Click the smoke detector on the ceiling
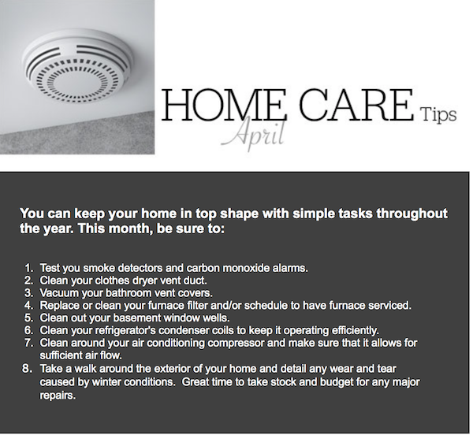point(77,66)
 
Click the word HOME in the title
point(224,105)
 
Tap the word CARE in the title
point(356,105)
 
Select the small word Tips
point(439,114)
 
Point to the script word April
point(254,134)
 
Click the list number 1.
point(28,268)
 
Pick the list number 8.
point(27,368)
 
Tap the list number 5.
point(28,318)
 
